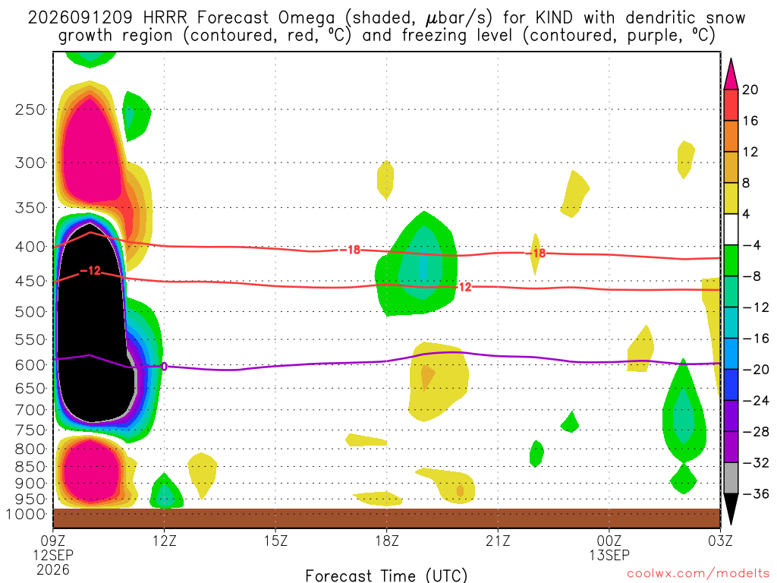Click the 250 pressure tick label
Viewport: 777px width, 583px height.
point(30,109)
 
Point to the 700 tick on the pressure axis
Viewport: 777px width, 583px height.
point(30,410)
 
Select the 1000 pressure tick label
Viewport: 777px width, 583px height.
point(25,514)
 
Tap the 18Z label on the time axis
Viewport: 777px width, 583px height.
point(387,540)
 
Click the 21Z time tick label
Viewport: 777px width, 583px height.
point(498,540)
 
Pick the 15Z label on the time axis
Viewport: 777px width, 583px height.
point(275,540)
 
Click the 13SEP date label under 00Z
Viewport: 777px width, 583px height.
point(609,555)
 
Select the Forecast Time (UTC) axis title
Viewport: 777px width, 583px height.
point(386,575)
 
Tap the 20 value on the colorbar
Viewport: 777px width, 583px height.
point(750,90)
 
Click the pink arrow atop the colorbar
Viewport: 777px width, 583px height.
point(731,74)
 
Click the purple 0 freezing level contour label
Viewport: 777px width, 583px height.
point(164,367)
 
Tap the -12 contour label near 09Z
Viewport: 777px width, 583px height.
point(90,271)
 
